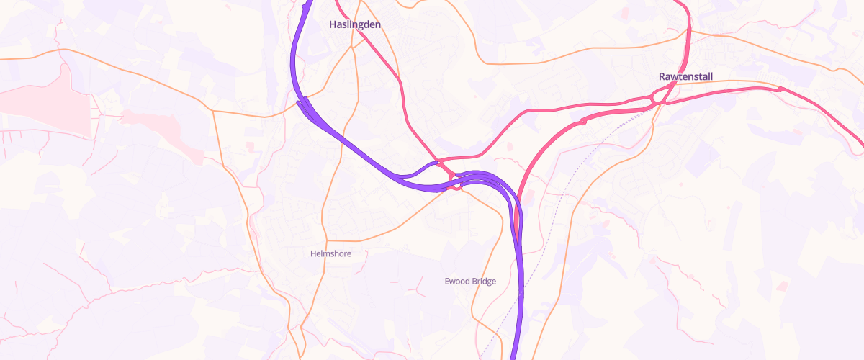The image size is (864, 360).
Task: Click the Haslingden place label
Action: click(354, 24)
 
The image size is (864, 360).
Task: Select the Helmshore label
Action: click(330, 253)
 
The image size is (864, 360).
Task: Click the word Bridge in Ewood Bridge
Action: click(484, 281)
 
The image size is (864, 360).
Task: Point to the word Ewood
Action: click(457, 281)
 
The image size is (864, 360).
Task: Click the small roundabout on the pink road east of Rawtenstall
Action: click(780, 89)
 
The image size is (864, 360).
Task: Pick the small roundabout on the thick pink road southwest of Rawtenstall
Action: click(582, 122)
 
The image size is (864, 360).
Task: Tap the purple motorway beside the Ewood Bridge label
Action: click(521, 281)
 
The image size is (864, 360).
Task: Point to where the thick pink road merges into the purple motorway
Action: click(517, 216)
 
